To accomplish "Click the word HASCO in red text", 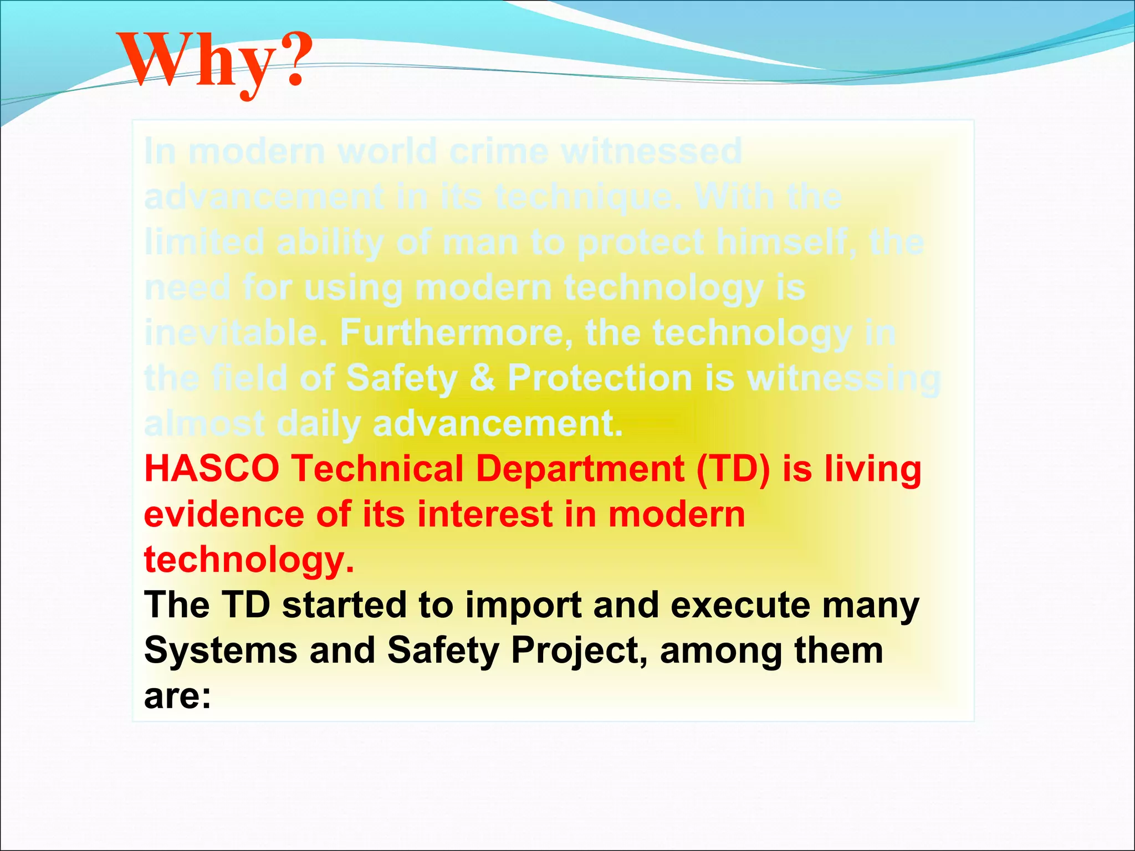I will [212, 469].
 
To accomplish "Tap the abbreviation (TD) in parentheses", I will [733, 469].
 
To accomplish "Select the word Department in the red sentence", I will [580, 469].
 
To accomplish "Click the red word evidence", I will [224, 514].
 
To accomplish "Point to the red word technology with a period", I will [248, 560].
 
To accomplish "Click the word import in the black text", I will [523, 605].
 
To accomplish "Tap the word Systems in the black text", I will [221, 650].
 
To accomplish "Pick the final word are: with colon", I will [177, 696].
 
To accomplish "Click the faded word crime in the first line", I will [498, 151].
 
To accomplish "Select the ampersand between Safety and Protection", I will [482, 378].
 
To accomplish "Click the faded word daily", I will [319, 424].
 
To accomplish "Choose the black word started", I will [344, 605].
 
